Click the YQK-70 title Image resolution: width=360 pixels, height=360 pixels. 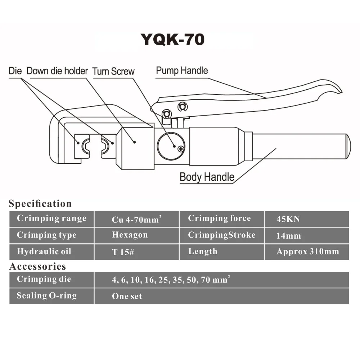[172, 39]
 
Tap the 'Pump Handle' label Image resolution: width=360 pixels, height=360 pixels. [182, 70]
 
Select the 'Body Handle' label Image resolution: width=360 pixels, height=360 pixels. [207, 177]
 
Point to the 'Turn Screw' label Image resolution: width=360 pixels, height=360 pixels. [113, 71]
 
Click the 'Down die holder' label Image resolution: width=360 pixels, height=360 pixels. [57, 71]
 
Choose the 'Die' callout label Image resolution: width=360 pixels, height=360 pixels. [15, 71]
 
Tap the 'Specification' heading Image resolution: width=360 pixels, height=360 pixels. [40, 204]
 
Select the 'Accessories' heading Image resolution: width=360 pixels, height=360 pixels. [37, 266]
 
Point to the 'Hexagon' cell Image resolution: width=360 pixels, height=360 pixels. [130, 235]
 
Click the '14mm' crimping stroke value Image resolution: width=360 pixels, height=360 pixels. [288, 236]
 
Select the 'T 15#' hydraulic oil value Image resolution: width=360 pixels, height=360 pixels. [123, 252]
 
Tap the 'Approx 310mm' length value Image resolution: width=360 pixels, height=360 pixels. [307, 252]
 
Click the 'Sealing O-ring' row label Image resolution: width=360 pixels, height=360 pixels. [47, 296]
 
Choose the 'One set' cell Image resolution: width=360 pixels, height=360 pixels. [127, 297]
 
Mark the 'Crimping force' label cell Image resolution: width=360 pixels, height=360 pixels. [219, 219]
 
